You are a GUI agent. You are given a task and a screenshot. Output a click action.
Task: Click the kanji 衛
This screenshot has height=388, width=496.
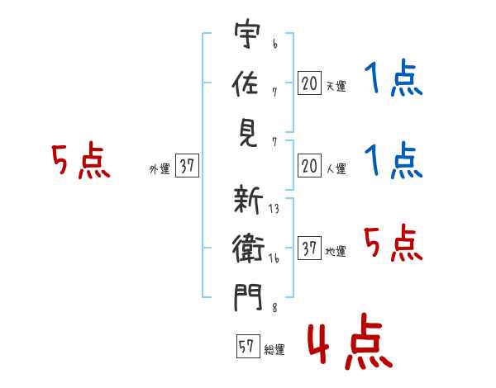(248, 248)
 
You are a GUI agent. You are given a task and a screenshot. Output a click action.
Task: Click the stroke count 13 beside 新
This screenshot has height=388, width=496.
(274, 210)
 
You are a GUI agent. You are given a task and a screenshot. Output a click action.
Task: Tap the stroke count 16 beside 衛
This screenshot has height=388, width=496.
(274, 259)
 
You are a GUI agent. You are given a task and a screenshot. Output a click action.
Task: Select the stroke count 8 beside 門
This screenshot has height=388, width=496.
(274, 309)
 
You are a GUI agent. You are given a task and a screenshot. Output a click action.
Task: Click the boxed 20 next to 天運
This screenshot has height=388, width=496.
(309, 83)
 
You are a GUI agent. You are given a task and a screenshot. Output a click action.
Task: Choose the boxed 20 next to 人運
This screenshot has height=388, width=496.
(309, 167)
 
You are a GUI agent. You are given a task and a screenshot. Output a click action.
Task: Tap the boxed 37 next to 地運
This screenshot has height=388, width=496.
(309, 248)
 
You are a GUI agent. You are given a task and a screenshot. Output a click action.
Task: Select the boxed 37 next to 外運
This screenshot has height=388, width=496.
(187, 167)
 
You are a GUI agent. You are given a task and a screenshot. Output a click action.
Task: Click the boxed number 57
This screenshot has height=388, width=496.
(246, 347)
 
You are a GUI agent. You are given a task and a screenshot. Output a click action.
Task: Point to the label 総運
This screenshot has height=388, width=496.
(274, 350)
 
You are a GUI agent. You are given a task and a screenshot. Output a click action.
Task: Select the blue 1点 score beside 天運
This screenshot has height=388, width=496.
(393, 80)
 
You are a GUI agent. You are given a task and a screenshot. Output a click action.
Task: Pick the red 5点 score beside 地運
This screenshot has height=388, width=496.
(393, 244)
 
